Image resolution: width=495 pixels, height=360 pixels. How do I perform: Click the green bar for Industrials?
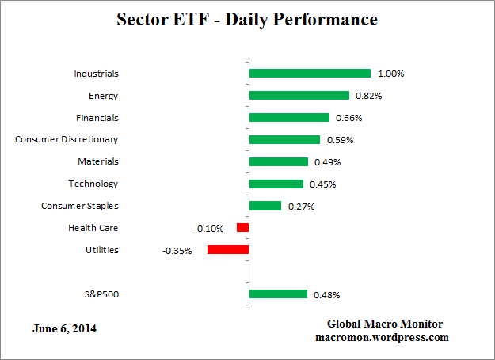(310, 74)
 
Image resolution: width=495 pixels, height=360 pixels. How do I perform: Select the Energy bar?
(299, 96)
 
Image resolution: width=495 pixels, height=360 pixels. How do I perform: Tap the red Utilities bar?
(228, 250)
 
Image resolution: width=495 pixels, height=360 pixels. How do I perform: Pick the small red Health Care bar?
(242, 228)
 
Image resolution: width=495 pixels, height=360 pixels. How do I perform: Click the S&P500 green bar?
(278, 294)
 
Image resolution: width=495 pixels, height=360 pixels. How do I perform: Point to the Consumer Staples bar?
(265, 206)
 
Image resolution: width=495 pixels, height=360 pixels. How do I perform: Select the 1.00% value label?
(391, 74)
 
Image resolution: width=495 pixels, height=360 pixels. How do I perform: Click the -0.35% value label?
(177, 250)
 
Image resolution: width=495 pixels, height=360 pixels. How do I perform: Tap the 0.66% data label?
(349, 118)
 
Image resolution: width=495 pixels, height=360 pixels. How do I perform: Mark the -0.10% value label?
(208, 228)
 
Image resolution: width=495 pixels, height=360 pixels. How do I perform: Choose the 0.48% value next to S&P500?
(327, 295)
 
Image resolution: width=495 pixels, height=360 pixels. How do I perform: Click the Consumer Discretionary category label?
(67, 139)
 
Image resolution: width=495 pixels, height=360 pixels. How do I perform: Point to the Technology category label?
(93, 184)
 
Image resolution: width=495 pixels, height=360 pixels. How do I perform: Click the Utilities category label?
(102, 250)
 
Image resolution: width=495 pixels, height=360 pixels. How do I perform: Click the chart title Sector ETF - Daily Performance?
(247, 18)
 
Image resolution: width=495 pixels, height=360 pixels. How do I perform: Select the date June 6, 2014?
(67, 328)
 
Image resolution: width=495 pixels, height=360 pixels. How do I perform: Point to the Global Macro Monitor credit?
(385, 324)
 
